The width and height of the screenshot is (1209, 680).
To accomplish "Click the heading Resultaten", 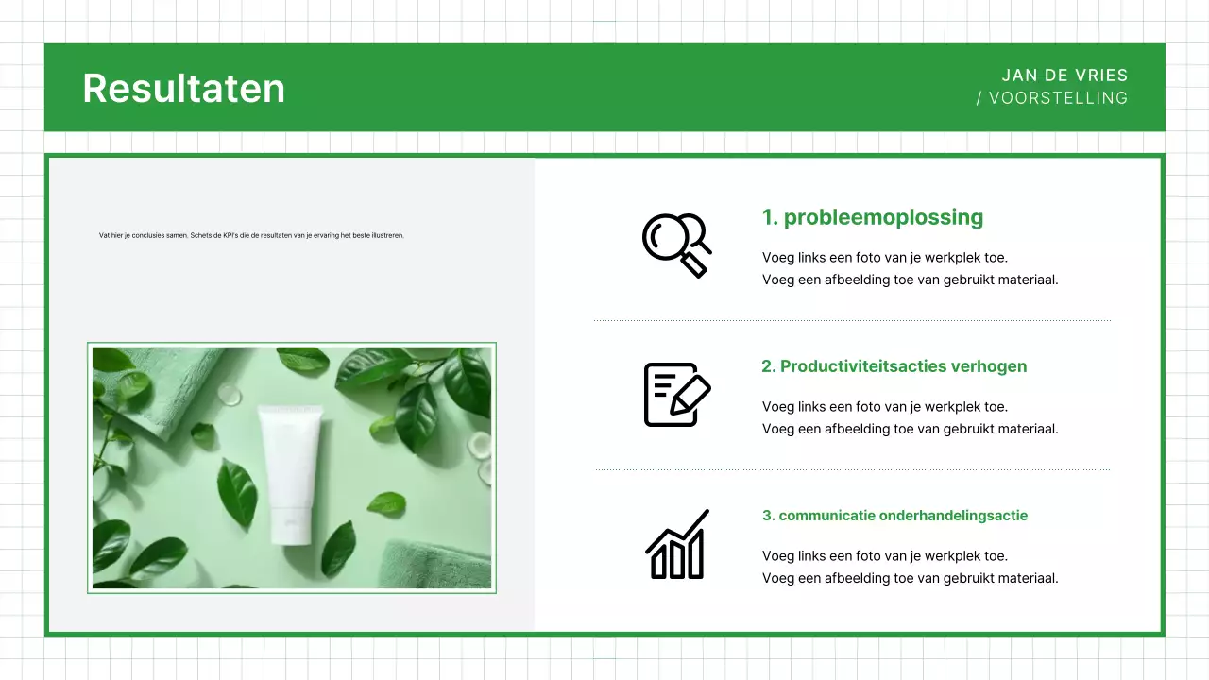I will (x=183, y=88).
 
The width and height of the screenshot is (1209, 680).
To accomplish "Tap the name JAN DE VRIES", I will (x=1064, y=76).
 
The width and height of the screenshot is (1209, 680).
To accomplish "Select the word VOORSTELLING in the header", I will (x=1058, y=98).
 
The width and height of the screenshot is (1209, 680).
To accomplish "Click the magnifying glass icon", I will (x=676, y=245).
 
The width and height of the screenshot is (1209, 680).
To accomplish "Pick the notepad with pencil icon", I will (x=676, y=394).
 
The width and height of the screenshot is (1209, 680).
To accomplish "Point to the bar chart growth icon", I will (x=677, y=545).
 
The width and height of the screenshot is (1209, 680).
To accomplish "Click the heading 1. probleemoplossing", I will (x=873, y=217).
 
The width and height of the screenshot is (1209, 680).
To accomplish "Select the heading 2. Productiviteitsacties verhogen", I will (x=894, y=366).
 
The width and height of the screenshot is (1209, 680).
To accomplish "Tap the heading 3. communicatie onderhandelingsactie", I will (x=894, y=516).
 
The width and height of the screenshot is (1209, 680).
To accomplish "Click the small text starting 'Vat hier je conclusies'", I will (x=251, y=235).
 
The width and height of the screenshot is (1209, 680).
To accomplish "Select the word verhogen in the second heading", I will (x=991, y=366).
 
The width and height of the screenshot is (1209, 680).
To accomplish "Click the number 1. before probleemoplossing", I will (x=770, y=217).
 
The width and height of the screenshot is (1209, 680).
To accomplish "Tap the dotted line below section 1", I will (x=852, y=321).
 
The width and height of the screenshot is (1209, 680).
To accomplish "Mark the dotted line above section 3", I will (x=852, y=469).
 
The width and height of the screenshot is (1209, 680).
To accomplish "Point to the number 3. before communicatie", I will (x=768, y=516).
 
